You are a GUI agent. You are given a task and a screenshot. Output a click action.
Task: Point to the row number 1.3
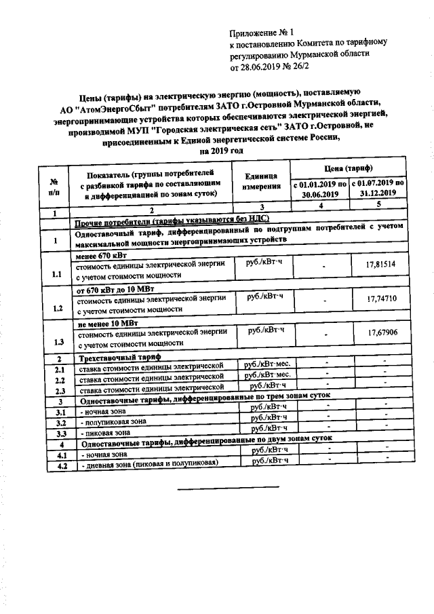pyautogui.click(x=57, y=342)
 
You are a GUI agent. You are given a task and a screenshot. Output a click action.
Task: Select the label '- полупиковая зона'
pyautogui.click(x=114, y=421)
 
